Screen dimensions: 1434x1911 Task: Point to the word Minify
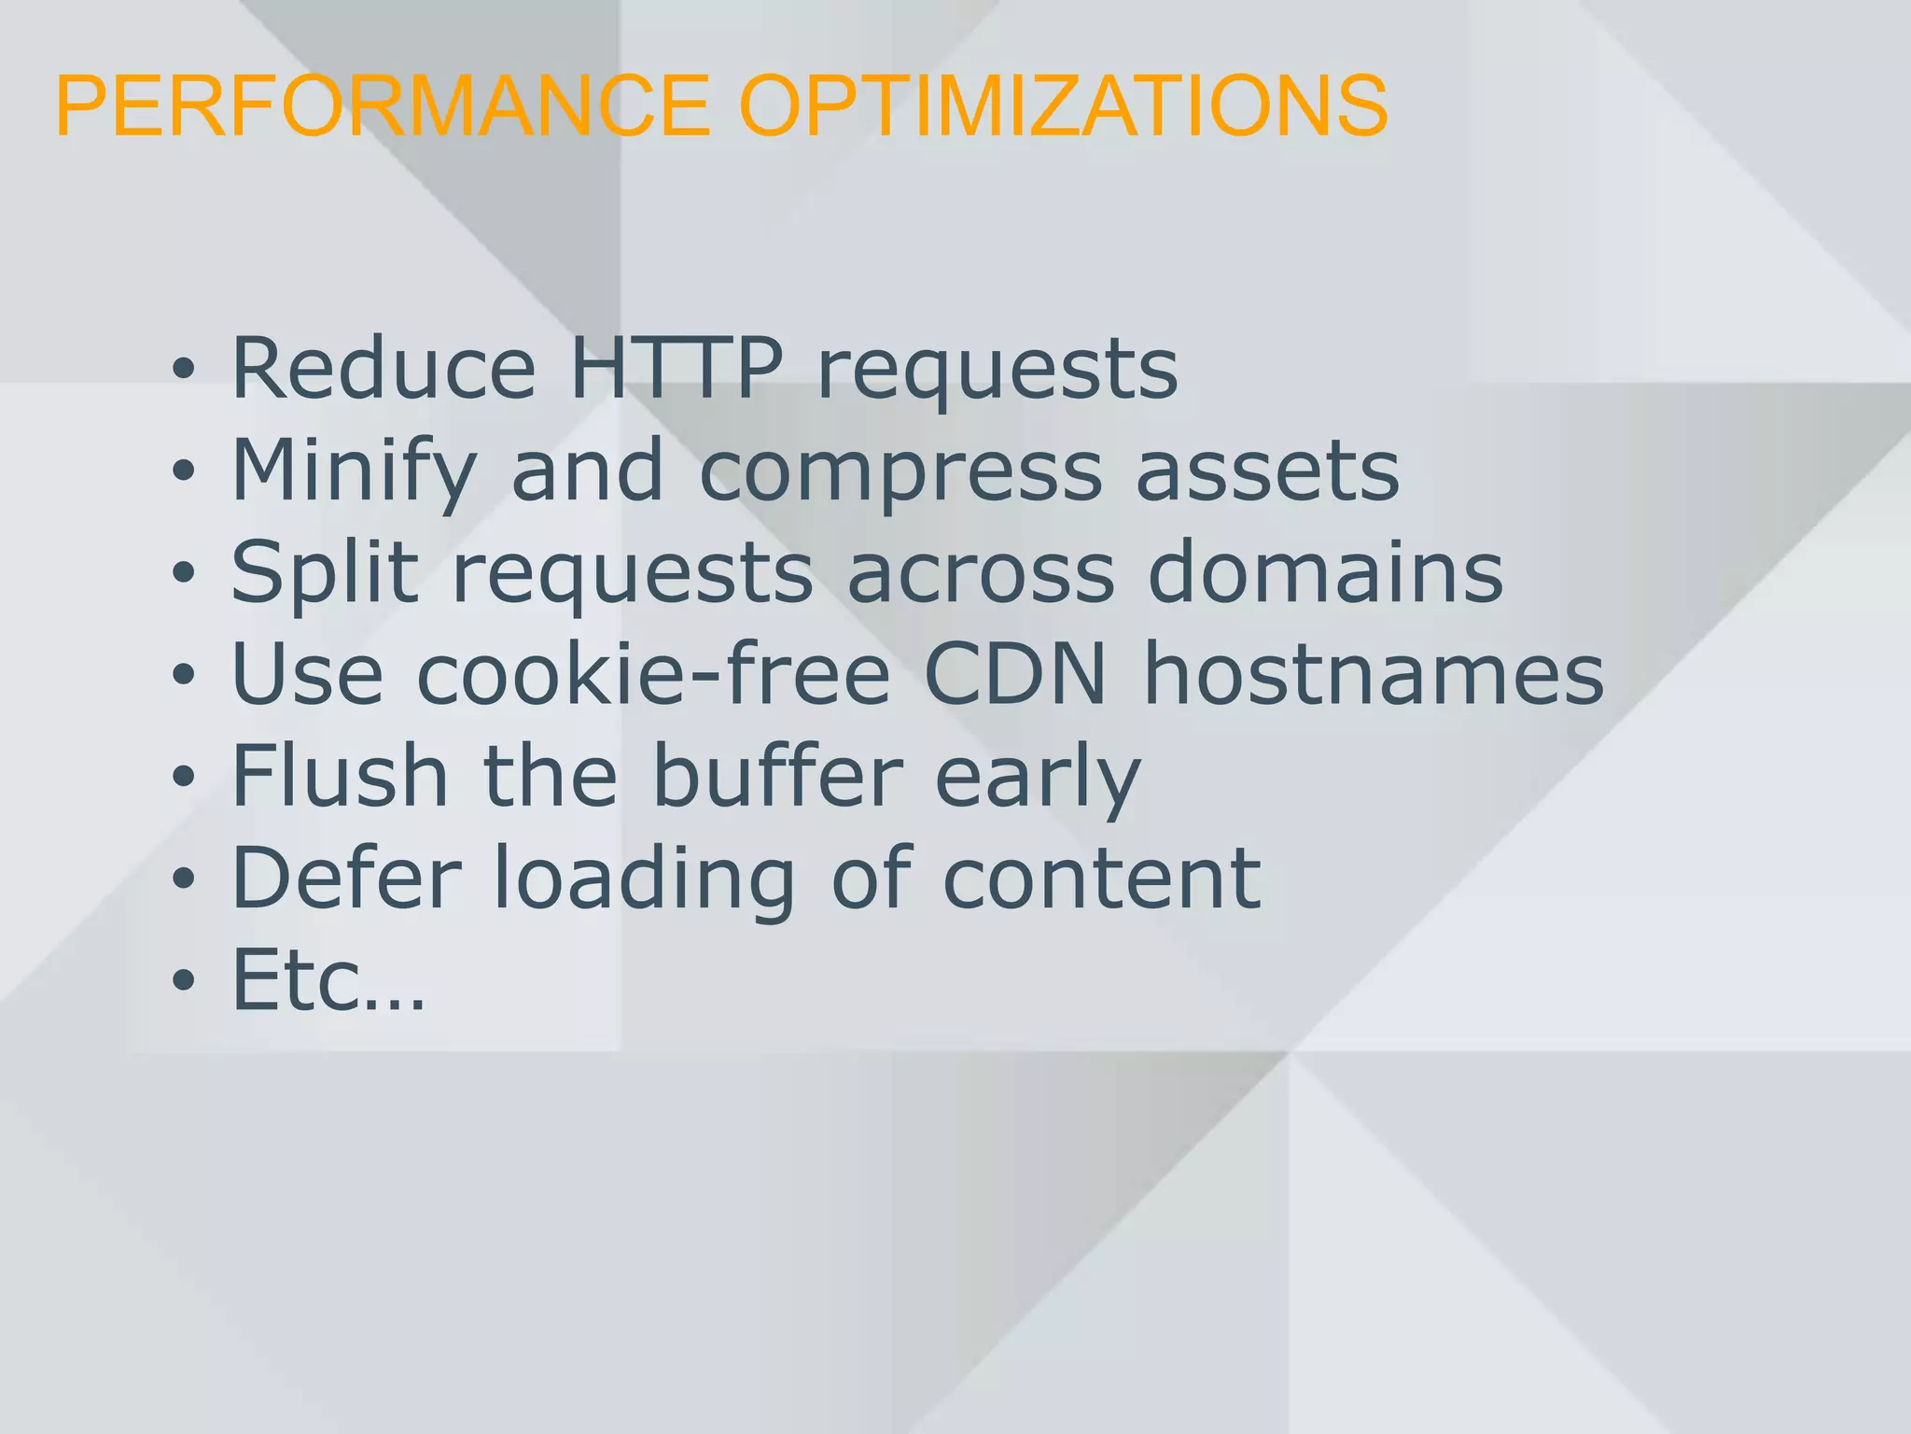[354, 471]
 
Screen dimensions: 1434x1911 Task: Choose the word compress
[900, 471]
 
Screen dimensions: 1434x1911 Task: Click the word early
[1038, 777]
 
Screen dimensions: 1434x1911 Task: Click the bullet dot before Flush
[184, 776]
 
